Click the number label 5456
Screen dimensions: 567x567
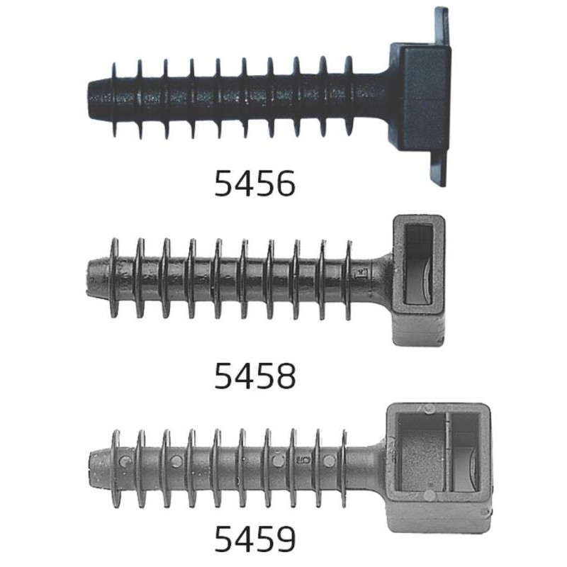coord(255,184)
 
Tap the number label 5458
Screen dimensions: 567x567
coord(255,376)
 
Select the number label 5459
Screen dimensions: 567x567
coord(255,539)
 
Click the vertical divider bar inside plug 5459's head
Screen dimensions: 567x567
coord(449,452)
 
